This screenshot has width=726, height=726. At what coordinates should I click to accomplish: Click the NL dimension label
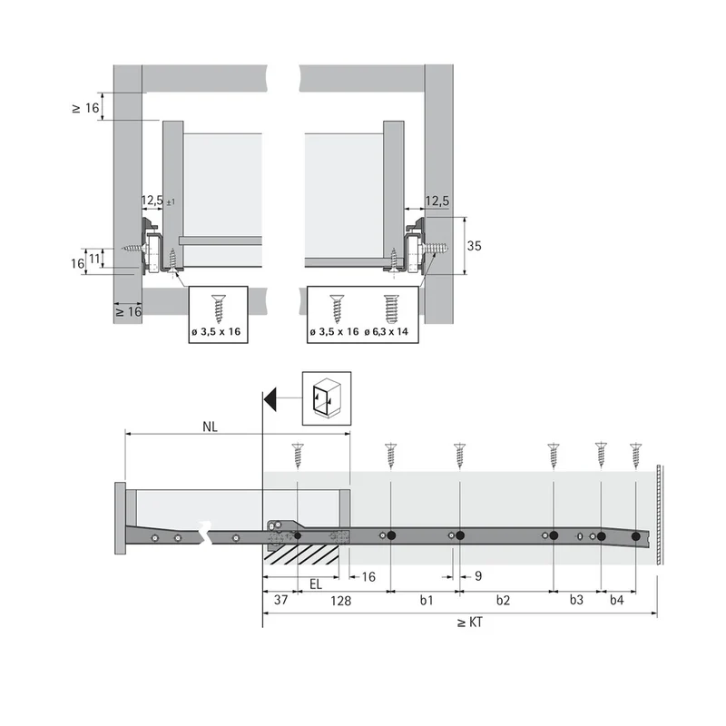coord(210,427)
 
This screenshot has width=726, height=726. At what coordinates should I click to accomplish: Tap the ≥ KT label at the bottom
coord(470,623)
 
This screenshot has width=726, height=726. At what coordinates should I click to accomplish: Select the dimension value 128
coord(341,601)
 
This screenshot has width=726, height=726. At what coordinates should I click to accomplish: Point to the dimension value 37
coord(281,600)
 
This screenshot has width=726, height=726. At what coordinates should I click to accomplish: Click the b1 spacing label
coord(427,600)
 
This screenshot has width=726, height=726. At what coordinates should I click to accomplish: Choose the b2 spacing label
coord(503,600)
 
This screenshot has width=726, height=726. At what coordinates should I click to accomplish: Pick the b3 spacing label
coord(576,600)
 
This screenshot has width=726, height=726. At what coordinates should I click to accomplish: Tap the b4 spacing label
coord(617,600)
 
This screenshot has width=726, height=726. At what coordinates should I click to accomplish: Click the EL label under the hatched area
coord(316,584)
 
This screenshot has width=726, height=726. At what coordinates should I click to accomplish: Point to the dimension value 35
coord(474,246)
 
